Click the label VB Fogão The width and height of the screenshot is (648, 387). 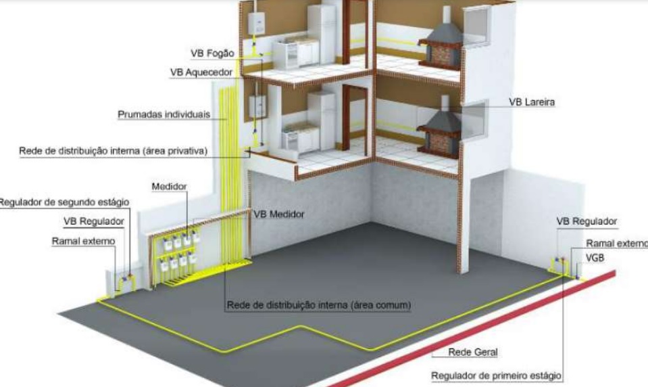(212, 53)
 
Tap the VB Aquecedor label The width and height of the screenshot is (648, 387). (201, 72)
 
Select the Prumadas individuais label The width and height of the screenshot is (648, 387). (164, 114)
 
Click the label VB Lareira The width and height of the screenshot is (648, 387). (532, 101)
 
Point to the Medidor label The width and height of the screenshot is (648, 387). (170, 187)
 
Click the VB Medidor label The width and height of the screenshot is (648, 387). (279, 214)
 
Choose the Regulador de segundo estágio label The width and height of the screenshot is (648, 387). (64, 202)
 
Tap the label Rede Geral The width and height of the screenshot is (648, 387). (473, 352)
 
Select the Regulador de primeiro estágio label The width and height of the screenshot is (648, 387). (497, 375)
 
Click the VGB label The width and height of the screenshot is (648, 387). (595, 258)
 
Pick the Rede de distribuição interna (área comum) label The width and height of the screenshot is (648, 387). (319, 305)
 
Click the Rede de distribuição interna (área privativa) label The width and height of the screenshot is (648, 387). (114, 151)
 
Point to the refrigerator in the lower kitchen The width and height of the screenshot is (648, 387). (322, 121)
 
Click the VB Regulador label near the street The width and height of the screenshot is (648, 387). (587, 221)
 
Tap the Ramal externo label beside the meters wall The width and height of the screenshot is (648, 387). (84, 242)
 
